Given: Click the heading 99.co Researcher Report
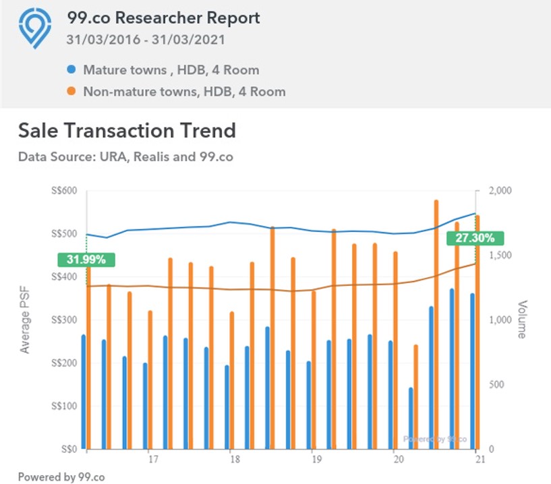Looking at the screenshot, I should point(163,18).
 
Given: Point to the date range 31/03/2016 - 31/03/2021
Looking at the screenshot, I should point(146,39).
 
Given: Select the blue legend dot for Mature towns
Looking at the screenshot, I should point(71,69).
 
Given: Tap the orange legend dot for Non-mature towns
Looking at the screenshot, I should point(71,91).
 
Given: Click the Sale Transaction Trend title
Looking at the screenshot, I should point(127,130).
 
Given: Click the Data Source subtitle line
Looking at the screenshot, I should point(125,156).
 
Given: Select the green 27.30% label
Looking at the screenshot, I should point(475,238).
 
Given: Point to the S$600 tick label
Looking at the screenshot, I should point(64,191).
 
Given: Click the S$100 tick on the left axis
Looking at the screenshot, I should point(64,406).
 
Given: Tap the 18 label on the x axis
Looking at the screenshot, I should point(231,460).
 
